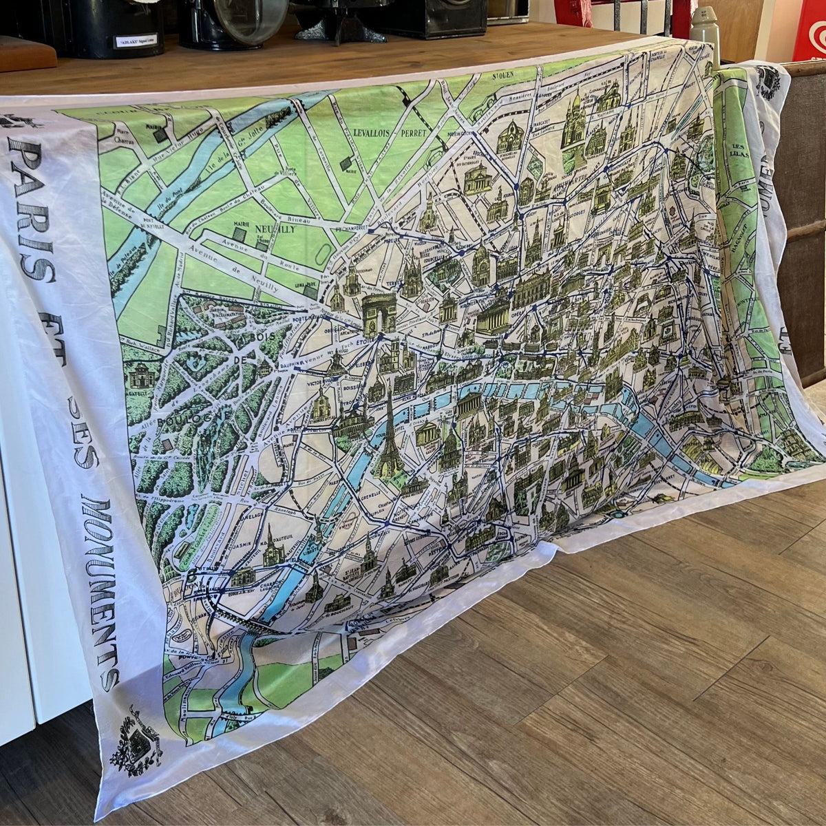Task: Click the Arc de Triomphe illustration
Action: [x=379, y=315]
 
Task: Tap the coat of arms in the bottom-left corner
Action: [x=135, y=741]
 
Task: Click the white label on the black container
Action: [x=138, y=41]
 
